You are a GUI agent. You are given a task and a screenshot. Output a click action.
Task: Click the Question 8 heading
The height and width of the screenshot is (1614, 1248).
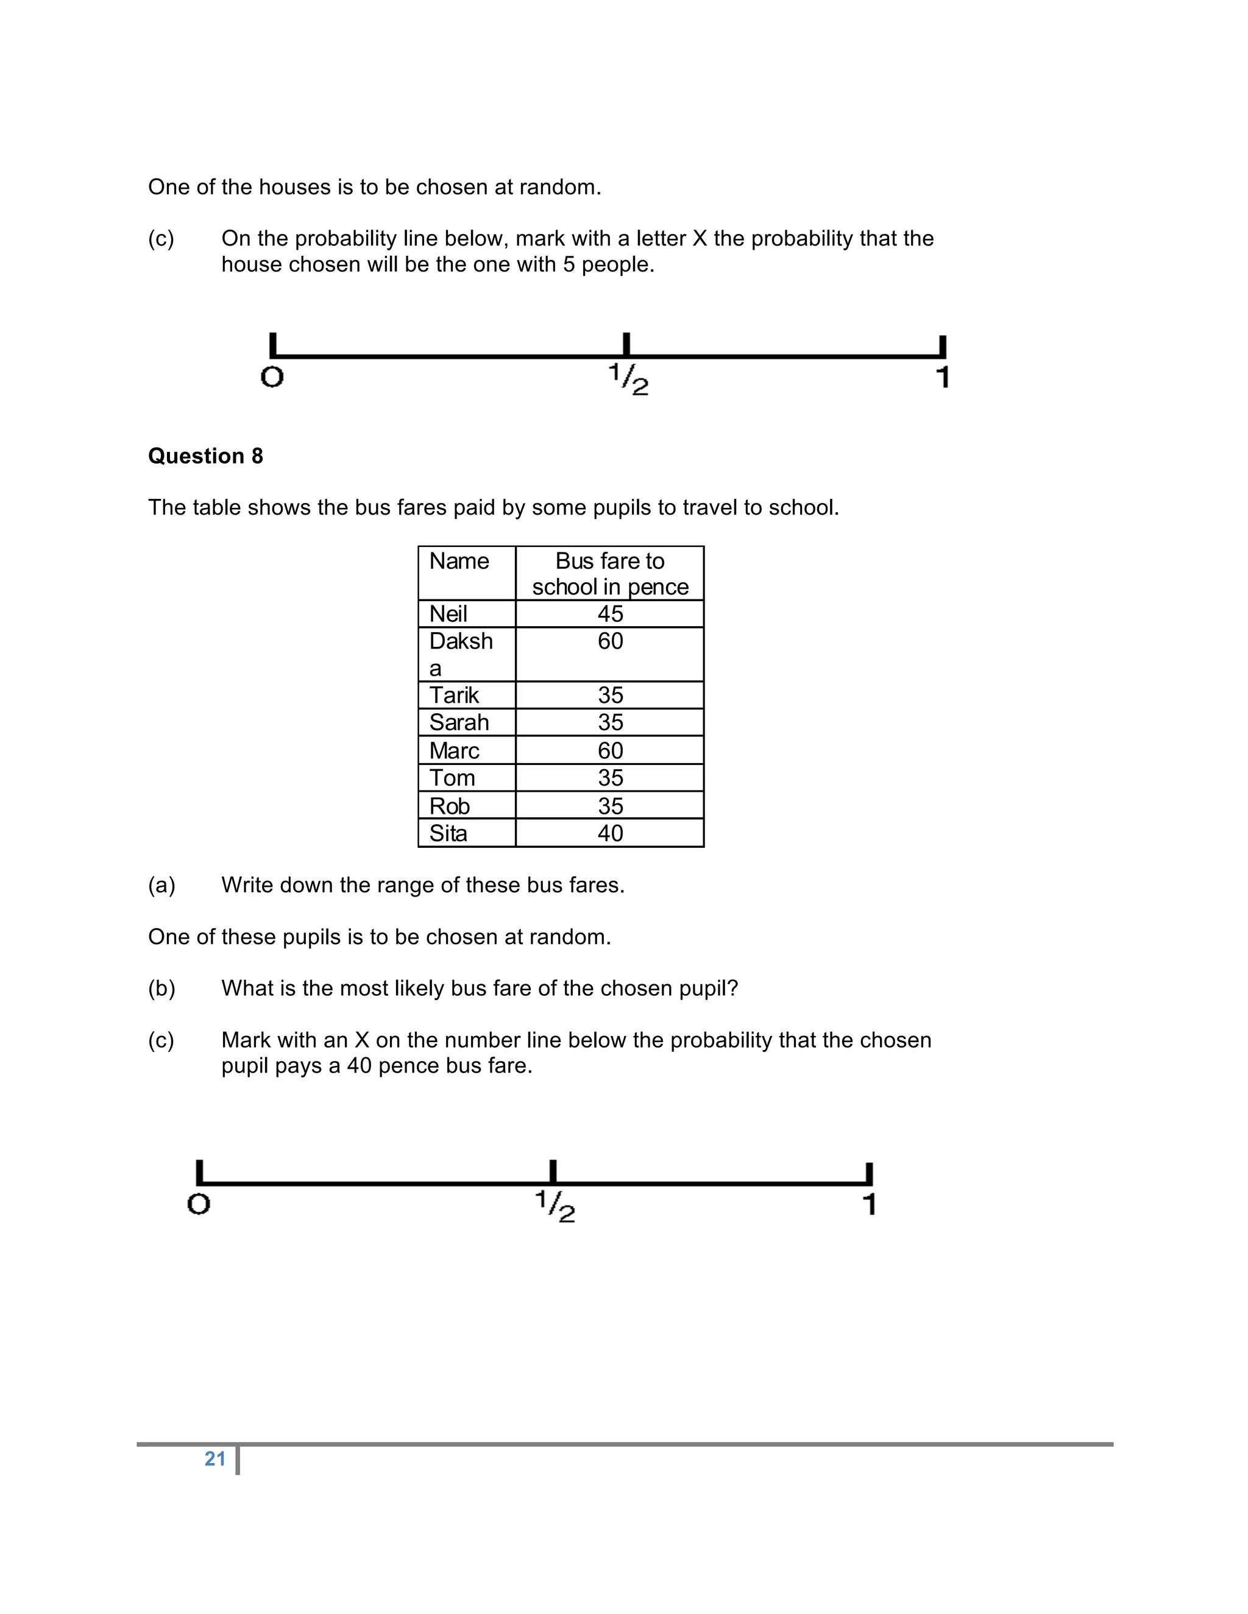[205, 456]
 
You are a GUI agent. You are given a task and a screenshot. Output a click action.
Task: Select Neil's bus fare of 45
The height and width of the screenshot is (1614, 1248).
[610, 613]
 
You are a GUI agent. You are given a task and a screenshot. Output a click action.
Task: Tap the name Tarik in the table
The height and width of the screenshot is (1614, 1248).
[454, 695]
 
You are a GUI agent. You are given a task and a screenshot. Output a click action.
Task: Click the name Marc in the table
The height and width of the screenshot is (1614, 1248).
[454, 750]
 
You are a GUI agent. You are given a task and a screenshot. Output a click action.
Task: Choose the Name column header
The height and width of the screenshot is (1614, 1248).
[459, 561]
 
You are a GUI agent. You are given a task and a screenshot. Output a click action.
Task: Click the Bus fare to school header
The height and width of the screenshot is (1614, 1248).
[610, 574]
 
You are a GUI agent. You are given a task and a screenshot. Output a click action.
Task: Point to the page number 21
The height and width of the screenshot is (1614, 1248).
[215, 1458]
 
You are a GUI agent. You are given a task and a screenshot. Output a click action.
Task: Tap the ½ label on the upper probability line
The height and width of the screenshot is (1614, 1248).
[628, 379]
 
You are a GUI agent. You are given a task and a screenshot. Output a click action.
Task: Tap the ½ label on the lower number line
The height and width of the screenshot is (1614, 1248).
[555, 1206]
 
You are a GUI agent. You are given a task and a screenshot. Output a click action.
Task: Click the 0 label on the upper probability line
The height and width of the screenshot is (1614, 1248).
[272, 377]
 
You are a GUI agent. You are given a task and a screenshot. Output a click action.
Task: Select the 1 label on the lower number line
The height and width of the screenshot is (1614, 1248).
[870, 1204]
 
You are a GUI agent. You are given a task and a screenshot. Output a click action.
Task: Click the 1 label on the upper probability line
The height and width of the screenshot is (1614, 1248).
[943, 377]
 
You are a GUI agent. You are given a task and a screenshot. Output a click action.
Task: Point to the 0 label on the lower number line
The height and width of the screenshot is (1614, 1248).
[199, 1204]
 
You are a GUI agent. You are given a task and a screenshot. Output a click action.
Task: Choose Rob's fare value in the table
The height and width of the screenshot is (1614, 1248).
[610, 806]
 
